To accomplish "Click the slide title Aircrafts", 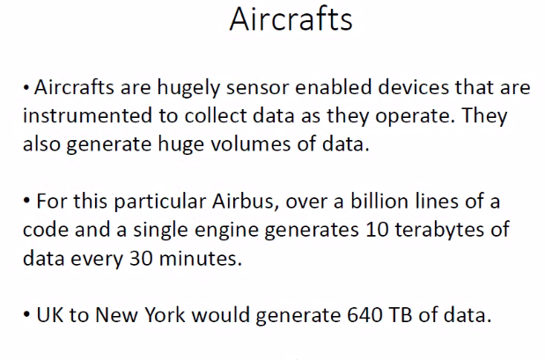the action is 291,19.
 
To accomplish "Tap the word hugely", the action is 188,88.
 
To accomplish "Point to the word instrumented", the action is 87,115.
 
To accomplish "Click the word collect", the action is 215,115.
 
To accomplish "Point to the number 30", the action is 141,259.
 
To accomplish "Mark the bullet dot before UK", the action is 26,314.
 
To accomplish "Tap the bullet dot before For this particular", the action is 26,201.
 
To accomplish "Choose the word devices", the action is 413,87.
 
